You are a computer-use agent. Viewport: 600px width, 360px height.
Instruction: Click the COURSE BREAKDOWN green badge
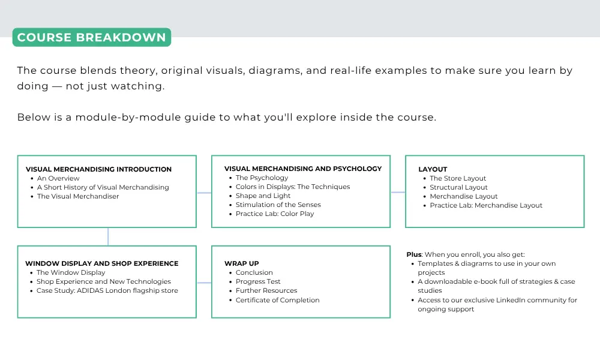[x=92, y=37]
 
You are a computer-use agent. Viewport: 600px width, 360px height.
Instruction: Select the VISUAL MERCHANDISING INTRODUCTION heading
[x=99, y=169]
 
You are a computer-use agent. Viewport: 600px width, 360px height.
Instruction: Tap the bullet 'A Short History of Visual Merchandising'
[x=103, y=187]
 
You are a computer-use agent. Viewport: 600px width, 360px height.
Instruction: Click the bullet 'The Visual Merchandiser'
[x=78, y=196]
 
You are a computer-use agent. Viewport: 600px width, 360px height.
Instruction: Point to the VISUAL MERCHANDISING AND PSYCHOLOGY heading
[x=303, y=169]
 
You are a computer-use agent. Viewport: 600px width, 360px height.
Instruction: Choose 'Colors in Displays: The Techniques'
[x=293, y=187]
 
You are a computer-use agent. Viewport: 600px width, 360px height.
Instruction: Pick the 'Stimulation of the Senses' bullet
[x=278, y=205]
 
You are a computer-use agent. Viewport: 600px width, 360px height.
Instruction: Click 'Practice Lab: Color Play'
[x=275, y=214]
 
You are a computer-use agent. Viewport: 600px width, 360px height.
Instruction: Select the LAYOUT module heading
[x=433, y=169]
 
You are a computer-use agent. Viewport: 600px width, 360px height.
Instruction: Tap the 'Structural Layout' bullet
[x=459, y=187]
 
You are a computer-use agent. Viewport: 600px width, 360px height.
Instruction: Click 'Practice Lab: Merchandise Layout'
[x=486, y=205]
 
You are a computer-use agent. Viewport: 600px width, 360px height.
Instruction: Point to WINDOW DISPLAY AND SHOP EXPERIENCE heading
[x=102, y=263]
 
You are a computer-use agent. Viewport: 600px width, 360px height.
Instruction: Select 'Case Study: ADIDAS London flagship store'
[x=107, y=290]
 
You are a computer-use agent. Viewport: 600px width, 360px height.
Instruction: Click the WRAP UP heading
[x=241, y=263]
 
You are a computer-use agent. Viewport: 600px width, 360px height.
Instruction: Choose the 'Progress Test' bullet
[x=258, y=281]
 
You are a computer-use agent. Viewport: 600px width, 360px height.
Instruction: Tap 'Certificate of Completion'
[x=277, y=300]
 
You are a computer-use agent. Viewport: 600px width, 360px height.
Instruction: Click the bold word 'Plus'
[x=414, y=254]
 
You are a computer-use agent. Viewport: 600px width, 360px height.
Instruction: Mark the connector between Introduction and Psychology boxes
[x=204, y=193]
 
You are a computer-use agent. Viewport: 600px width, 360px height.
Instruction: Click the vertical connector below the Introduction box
[x=108, y=237]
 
